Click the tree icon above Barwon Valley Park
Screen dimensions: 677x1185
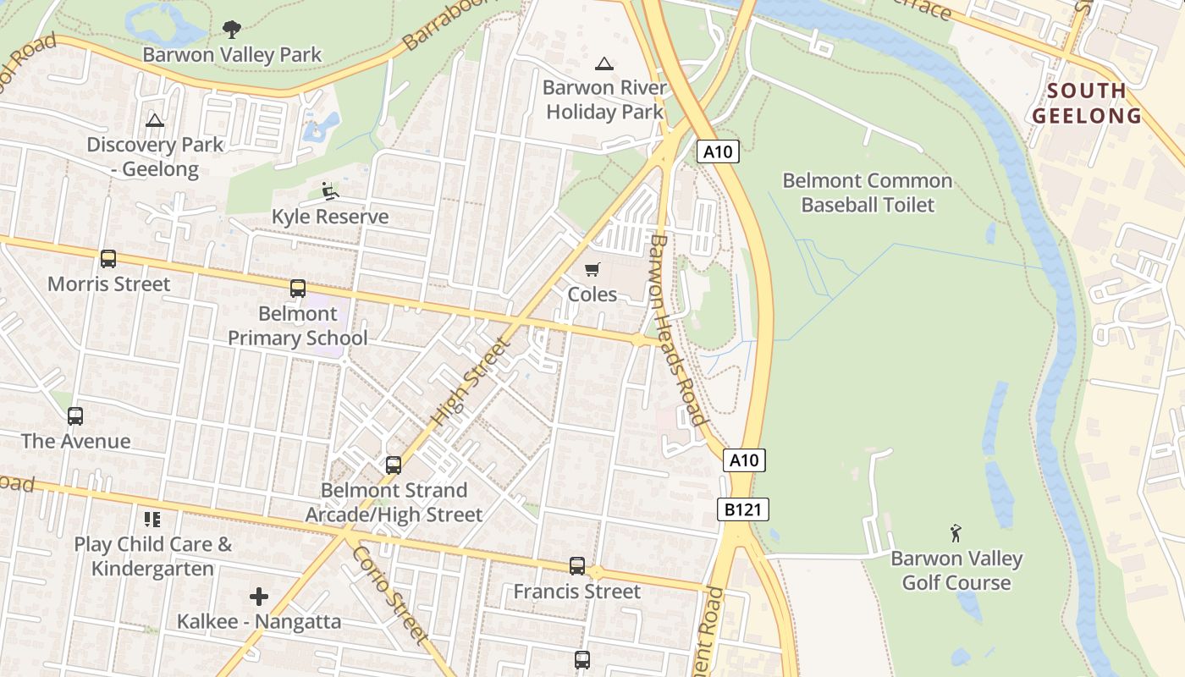tap(230, 30)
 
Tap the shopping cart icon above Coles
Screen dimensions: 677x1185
tap(592, 270)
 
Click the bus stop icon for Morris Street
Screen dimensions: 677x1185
tap(108, 259)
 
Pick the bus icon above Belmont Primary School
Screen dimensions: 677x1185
tap(298, 289)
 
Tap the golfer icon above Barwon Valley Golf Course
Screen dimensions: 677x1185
tap(956, 533)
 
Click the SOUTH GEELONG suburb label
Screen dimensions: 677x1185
tap(1087, 102)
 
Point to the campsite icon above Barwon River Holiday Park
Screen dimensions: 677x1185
tap(604, 63)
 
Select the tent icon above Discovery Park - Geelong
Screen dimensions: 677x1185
tap(154, 120)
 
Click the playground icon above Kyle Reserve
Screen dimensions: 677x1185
tap(330, 191)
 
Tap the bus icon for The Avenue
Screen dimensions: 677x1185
tap(75, 416)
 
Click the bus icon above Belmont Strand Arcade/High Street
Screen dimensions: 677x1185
tap(394, 465)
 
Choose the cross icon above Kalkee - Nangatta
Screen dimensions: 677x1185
tap(259, 597)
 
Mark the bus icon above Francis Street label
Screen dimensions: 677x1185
tap(577, 565)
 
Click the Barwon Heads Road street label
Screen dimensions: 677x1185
tap(676, 330)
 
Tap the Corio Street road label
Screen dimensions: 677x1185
tap(390, 593)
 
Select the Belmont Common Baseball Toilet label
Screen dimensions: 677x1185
tap(867, 192)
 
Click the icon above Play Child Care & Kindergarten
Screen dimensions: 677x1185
tap(152, 519)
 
